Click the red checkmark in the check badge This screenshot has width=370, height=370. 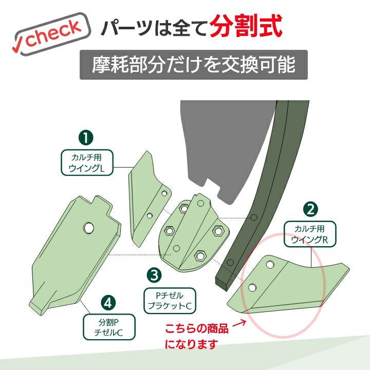pos(17,46)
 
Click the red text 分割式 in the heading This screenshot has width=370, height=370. pos(246,26)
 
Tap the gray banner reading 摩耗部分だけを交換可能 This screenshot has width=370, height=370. pos(194,65)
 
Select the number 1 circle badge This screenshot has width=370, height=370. pos(86,138)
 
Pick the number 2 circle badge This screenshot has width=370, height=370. pos(310,209)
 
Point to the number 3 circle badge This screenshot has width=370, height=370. pos(154,275)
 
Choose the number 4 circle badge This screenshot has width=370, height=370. pos(108,303)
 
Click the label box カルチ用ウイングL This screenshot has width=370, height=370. pos(87,162)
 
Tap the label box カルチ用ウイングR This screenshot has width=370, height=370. pos(309,234)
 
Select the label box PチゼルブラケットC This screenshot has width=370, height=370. pos(170,301)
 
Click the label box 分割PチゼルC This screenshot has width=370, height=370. pos(109,327)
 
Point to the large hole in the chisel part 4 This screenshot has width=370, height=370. pos(89,228)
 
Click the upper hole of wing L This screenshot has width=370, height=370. pos(164,194)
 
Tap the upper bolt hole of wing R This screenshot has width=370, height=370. pos(270,265)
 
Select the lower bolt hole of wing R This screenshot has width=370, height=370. pos(252,288)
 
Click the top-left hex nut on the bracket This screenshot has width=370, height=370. pos(184,208)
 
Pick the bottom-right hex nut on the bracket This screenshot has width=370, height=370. pos(200,256)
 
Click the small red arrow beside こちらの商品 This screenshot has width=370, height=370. pos(239,323)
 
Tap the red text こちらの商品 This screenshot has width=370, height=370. pos(196,328)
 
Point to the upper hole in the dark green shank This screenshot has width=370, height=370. pos(254,217)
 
